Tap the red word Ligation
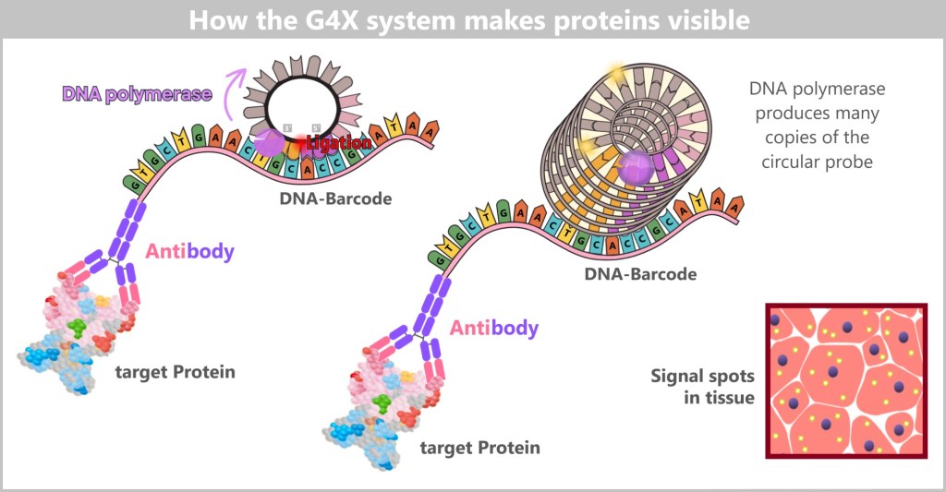(x=339, y=144)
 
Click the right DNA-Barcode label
(x=639, y=273)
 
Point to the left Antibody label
(x=188, y=250)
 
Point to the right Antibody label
(x=494, y=328)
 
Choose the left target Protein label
(x=175, y=372)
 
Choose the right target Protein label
(x=479, y=448)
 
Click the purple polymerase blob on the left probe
(x=269, y=141)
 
